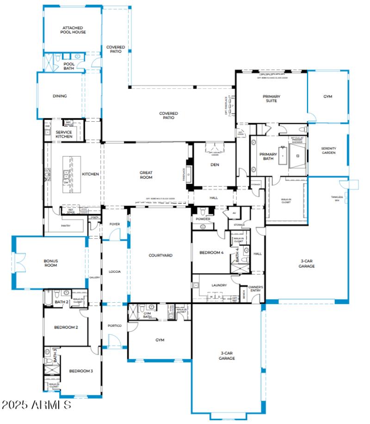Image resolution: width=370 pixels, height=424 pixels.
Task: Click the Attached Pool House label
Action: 74,30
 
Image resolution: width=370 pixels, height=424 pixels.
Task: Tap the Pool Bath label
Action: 68,66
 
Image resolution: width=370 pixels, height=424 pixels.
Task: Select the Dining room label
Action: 60,96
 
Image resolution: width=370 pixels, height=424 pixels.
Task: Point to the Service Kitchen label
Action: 64,134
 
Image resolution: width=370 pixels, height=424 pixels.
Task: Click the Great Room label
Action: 146,175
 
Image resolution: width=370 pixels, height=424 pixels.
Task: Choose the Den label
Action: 214,165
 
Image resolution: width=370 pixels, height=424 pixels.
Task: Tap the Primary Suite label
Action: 271,99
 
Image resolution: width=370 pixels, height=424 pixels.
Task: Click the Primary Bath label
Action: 268,156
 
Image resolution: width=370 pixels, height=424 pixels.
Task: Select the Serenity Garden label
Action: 328,150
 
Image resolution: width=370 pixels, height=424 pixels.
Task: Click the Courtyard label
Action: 160,255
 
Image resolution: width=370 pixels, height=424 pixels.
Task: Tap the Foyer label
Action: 115,224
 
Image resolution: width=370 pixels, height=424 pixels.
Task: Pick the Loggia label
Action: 114,272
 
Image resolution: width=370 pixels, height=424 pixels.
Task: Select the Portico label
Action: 114,326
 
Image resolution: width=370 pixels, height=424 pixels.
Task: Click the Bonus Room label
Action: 50,263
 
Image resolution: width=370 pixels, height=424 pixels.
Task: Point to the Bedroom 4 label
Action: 211,253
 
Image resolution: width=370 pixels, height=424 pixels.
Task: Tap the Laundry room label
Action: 219,286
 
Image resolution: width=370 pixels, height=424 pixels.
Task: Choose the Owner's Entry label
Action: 255,289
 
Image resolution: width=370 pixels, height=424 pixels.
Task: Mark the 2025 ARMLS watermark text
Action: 36,405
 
